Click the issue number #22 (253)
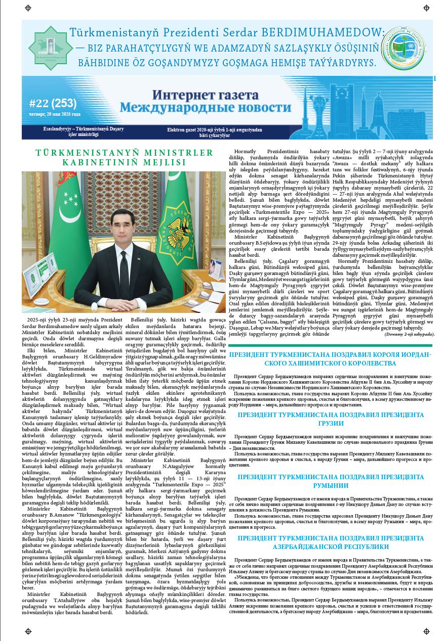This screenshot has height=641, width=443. tap(53, 104)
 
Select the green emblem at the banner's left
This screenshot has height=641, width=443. tap(50, 48)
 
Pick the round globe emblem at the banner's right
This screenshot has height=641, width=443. tap(403, 48)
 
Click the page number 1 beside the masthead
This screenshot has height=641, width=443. tap(435, 78)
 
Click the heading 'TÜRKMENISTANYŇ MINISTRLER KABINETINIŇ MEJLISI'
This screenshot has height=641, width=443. tap(125, 157)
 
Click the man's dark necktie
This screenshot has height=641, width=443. tap(124, 268)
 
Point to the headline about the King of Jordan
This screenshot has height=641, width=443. tap(330, 358)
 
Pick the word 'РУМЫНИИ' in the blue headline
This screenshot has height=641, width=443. tap(331, 484)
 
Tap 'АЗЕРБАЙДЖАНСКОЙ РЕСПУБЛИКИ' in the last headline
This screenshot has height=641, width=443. tap(331, 546)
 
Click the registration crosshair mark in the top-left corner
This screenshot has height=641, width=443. tap(28, 8)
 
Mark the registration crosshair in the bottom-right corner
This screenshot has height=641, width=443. tap(426, 631)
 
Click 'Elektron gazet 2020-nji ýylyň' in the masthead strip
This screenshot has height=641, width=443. tap(199, 130)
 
